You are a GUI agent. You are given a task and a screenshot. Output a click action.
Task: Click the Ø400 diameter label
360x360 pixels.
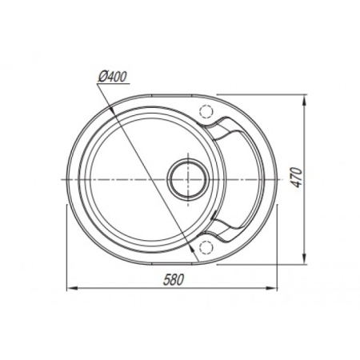tap(112, 77)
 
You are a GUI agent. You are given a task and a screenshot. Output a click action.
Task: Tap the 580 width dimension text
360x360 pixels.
tap(174, 280)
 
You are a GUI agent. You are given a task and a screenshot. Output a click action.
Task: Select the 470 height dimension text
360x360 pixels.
tap(297, 178)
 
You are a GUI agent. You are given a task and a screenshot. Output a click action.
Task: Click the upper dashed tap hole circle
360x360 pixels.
tap(206, 111)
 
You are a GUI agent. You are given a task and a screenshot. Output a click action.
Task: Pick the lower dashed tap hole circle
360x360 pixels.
tap(206, 246)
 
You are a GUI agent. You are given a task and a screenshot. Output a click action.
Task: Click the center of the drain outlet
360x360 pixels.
tap(188, 179)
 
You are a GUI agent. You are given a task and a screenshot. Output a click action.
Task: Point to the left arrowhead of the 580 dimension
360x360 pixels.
tap(72, 288)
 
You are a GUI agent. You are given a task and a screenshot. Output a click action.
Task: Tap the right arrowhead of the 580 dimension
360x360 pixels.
tap(271, 288)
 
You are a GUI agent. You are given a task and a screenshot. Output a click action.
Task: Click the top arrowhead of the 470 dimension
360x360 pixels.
tap(304, 100)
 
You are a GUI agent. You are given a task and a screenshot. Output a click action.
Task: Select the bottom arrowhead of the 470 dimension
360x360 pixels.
tap(304, 258)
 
